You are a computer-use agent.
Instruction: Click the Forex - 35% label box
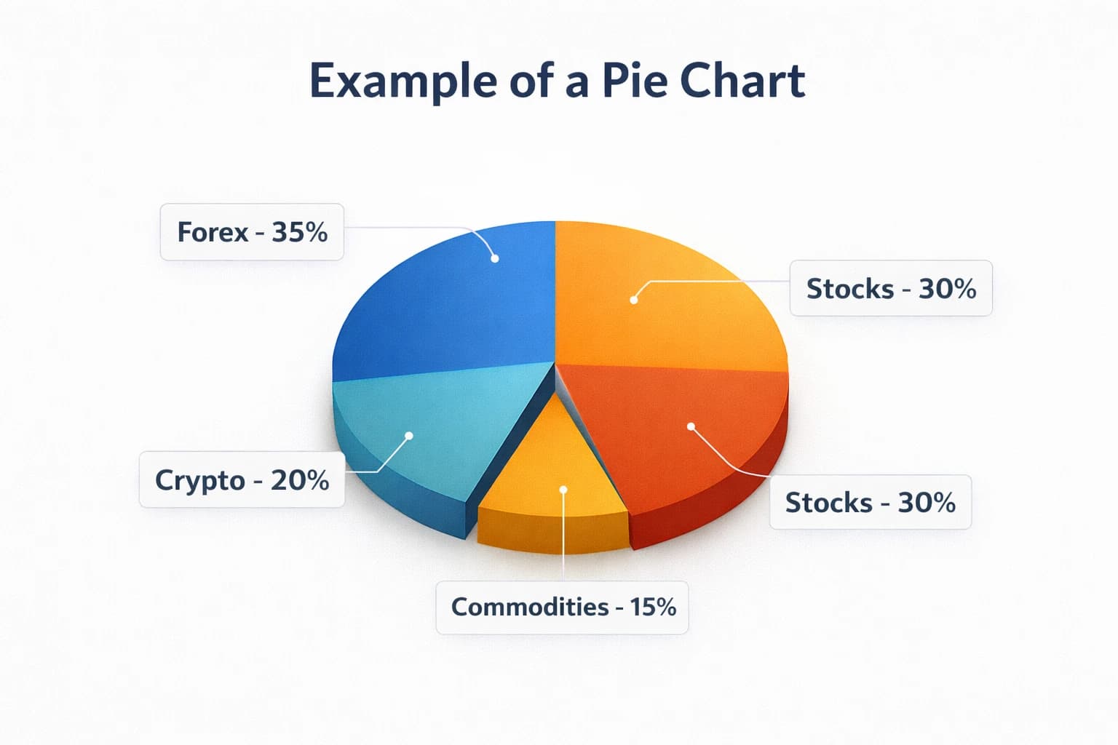[252, 232]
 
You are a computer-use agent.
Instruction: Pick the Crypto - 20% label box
[242, 481]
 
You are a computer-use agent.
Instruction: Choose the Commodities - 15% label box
[563, 607]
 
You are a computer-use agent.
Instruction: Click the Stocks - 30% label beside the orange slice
[891, 289]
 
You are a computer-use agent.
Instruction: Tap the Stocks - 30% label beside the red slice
[871, 503]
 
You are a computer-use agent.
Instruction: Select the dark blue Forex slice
[451, 306]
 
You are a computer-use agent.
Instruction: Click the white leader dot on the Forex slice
[495, 258]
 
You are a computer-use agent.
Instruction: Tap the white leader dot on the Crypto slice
[409, 435]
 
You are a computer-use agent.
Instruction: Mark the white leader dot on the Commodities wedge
[563, 490]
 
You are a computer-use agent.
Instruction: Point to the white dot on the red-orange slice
[691, 426]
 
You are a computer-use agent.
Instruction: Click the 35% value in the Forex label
[300, 232]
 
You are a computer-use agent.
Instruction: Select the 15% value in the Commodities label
[653, 607]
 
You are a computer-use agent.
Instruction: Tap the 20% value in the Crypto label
[300, 481]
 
